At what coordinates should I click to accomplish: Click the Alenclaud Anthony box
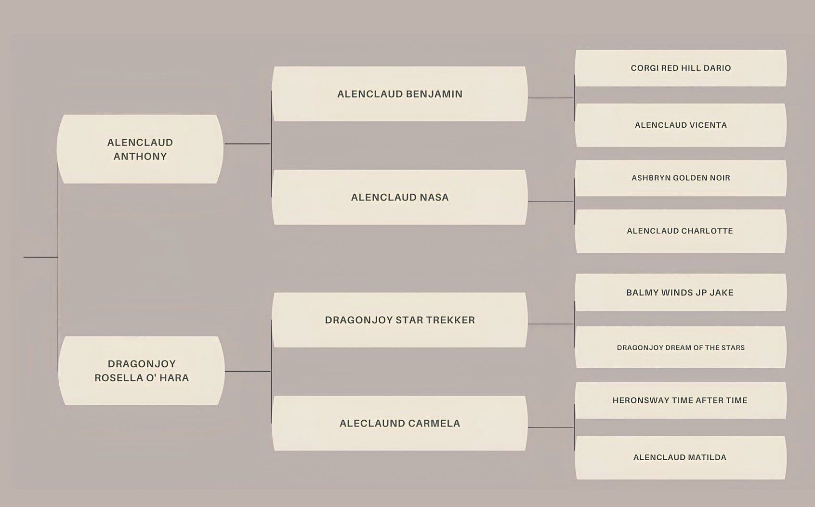tap(140, 149)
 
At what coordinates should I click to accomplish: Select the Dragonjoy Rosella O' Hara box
tap(141, 371)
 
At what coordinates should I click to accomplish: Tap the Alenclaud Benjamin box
tap(400, 94)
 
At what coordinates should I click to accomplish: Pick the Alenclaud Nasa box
tap(400, 197)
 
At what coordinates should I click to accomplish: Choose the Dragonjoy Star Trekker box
tap(400, 320)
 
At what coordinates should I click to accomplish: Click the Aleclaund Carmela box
tap(400, 423)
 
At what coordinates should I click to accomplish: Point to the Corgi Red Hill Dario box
tap(681, 68)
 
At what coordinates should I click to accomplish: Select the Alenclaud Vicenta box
tap(681, 125)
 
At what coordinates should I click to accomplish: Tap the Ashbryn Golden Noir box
tap(681, 178)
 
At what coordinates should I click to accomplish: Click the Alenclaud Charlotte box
tap(681, 231)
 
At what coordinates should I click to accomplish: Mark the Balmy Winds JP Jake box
tap(681, 293)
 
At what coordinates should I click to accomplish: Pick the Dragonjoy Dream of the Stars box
tap(681, 347)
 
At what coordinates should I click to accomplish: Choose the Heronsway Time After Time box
tap(681, 400)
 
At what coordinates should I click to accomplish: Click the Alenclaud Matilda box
tap(681, 457)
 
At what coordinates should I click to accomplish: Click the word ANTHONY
tap(140, 156)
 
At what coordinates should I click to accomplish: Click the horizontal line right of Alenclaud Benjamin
tap(551, 98)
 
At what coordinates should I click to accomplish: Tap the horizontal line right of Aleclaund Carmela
tap(551, 427)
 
